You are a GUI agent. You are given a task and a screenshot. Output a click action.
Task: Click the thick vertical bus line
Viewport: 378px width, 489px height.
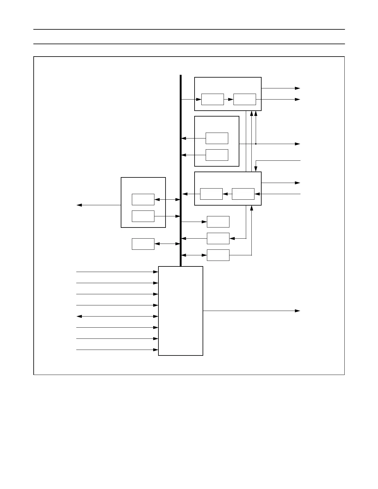tap(181, 170)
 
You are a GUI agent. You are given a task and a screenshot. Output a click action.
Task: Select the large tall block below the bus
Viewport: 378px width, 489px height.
tap(181, 311)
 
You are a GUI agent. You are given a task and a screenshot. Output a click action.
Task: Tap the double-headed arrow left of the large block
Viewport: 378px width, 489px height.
tap(117, 317)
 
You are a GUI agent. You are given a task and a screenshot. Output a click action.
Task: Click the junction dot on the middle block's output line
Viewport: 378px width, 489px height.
tap(256, 144)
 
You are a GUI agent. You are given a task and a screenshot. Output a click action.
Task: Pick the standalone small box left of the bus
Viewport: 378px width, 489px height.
tap(143, 244)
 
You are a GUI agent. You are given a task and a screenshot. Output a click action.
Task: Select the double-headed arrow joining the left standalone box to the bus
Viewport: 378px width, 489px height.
tap(167, 244)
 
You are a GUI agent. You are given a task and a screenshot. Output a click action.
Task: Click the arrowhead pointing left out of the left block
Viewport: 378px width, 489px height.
tap(79, 205)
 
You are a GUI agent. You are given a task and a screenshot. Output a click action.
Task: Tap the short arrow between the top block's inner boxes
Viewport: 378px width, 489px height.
tap(229, 99)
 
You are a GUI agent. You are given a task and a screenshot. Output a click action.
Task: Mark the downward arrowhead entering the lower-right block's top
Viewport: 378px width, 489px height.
tap(256, 169)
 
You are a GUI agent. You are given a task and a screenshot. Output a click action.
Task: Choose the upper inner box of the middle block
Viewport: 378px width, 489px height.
tap(217, 138)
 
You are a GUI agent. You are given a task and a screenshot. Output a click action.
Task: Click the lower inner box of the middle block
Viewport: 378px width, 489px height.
tap(217, 155)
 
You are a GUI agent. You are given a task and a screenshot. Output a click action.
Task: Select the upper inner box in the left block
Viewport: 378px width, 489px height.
tap(143, 199)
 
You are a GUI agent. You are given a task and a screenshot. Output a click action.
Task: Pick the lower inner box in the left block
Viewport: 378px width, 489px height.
tap(143, 216)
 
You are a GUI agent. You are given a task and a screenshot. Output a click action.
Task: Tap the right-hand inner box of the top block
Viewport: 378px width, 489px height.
tap(245, 99)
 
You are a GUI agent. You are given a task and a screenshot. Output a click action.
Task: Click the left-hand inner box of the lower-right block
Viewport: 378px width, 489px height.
tap(211, 194)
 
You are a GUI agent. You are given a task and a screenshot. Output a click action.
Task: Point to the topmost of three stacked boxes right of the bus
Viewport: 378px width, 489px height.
tap(218, 222)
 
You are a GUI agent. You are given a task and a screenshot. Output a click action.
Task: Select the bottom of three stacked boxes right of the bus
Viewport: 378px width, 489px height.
tap(218, 255)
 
